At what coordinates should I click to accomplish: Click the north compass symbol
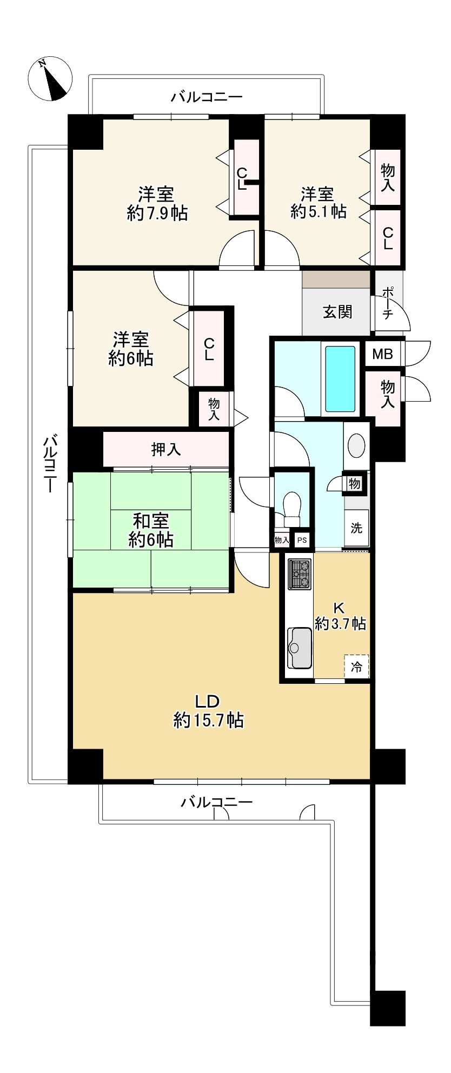tap(50, 78)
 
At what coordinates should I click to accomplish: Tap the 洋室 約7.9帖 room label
tap(157, 203)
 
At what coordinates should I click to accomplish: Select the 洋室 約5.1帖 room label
tap(318, 202)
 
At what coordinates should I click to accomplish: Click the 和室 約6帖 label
tap(151, 530)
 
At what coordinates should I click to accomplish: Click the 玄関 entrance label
tap(337, 312)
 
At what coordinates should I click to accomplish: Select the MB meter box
tap(382, 355)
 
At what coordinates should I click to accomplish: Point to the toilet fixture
tap(292, 508)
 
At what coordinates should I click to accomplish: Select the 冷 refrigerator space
tap(356, 667)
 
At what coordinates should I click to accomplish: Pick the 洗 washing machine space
tap(356, 528)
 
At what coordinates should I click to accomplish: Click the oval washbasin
tap(356, 446)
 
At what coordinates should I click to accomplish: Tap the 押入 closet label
tap(166, 449)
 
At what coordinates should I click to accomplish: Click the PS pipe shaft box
tap(302, 539)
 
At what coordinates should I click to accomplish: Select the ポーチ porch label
tap(388, 303)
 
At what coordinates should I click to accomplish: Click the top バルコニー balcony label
tap(207, 97)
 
